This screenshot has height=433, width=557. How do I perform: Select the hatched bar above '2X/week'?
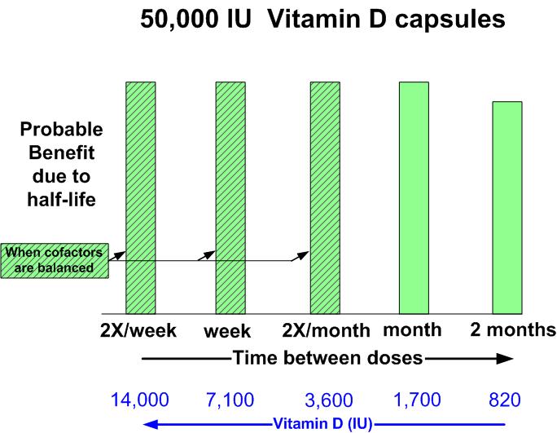pyautogui.click(x=140, y=196)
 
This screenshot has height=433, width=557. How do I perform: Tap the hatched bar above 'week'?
pyautogui.click(x=230, y=196)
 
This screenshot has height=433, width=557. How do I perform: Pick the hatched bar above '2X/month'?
pyautogui.click(x=324, y=196)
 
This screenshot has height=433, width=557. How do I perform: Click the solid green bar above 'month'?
pyautogui.click(x=413, y=196)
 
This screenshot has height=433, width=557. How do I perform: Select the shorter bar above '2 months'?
pyautogui.click(x=507, y=207)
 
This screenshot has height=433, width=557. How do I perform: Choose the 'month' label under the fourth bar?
pyautogui.click(x=412, y=330)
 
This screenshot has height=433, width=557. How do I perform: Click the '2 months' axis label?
pyautogui.click(x=513, y=330)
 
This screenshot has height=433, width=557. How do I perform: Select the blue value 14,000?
pyautogui.click(x=140, y=400)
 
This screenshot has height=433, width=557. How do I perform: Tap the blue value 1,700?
pyautogui.click(x=416, y=400)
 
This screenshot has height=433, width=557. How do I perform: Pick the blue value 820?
pyautogui.click(x=505, y=400)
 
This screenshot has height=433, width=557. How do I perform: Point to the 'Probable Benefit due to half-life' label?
pyautogui.click(x=61, y=164)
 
